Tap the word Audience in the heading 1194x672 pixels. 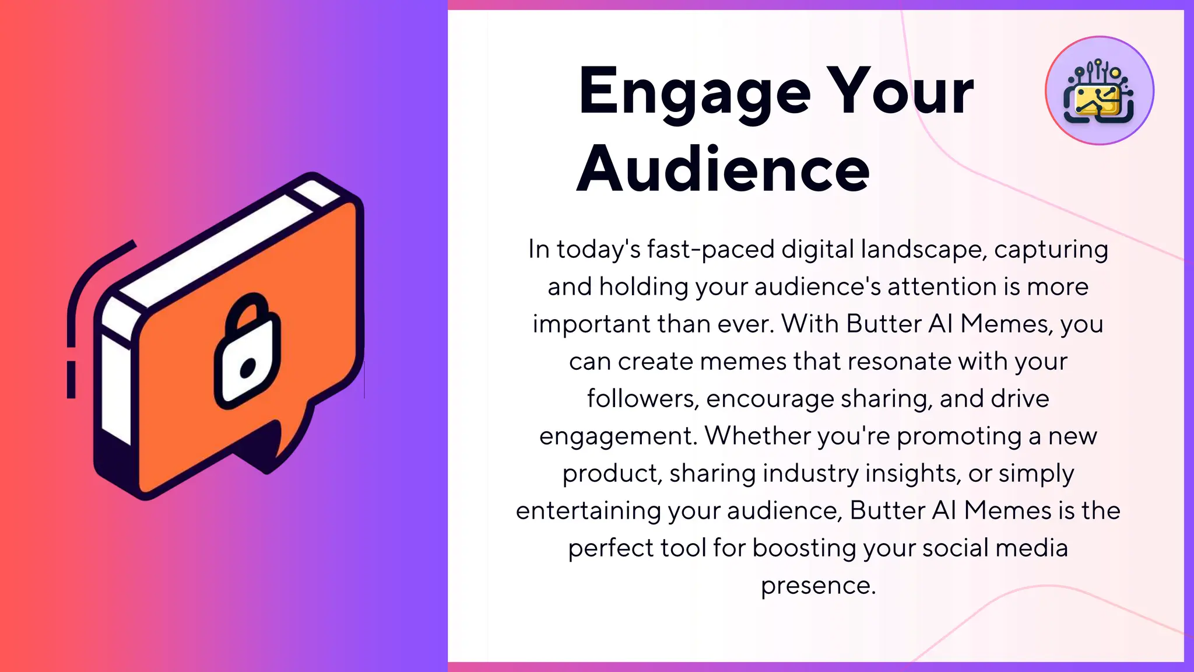[723, 169]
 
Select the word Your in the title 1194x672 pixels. [901, 92]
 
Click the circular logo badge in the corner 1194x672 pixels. [1099, 90]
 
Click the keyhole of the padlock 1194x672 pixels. [248, 367]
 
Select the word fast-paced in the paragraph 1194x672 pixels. [711, 250]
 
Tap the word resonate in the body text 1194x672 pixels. [900, 362]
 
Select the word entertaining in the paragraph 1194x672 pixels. [588, 511]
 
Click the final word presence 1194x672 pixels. [818, 586]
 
